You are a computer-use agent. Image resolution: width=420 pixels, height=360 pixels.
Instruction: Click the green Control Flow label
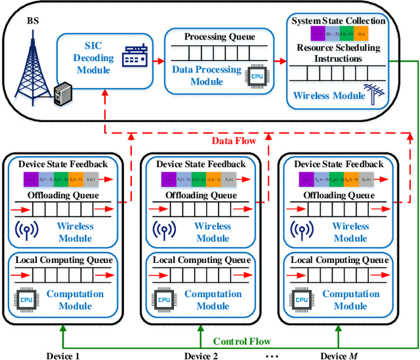(x=242, y=341)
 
